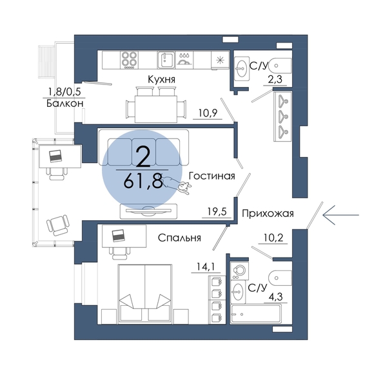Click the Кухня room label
(161, 79)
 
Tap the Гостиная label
(212, 176)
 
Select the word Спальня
(179, 238)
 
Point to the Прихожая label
(268, 214)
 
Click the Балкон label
(65, 104)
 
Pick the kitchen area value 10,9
(208, 113)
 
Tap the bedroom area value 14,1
(206, 267)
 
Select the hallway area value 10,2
(273, 238)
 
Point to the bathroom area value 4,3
(275, 297)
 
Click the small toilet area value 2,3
(275, 79)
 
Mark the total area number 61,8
(143, 182)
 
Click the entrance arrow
(340, 215)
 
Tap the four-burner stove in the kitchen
(129, 60)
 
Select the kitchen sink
(166, 60)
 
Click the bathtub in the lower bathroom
(255, 314)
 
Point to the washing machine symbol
(239, 270)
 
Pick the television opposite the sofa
(148, 211)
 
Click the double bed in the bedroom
(145, 294)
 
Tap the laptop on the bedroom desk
(119, 236)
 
